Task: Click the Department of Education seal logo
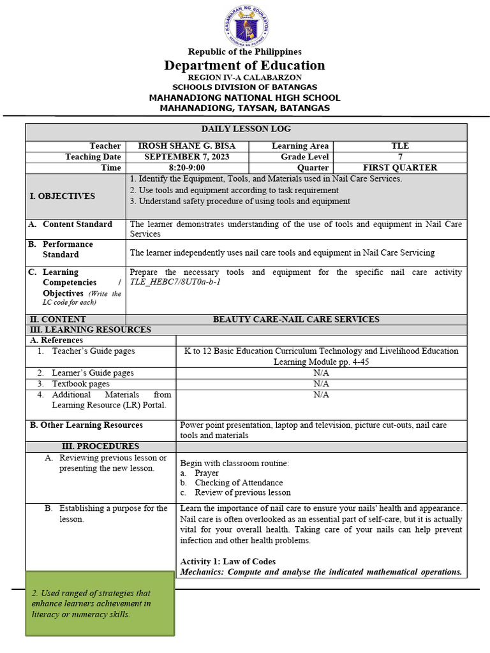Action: click(246, 26)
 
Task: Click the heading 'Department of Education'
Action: click(244, 65)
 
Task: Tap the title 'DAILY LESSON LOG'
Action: click(246, 129)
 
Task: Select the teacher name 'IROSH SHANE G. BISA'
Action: click(186, 146)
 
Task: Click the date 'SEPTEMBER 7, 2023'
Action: click(186, 157)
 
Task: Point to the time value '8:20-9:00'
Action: click(186, 168)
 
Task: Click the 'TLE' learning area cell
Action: click(400, 146)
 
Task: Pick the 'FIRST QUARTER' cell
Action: click(400, 168)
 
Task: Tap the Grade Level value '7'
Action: click(400, 157)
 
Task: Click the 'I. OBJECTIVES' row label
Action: click(63, 196)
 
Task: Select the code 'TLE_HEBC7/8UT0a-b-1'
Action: click(175, 282)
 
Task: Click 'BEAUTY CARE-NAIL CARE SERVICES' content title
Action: click(296, 319)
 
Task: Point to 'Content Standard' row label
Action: click(77, 224)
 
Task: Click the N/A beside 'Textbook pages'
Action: click(321, 384)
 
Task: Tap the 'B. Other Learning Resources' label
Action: click(87, 425)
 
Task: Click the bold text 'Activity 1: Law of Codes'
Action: click(228, 562)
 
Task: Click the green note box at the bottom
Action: click(100, 603)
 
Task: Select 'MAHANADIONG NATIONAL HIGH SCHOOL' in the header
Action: click(244, 98)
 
